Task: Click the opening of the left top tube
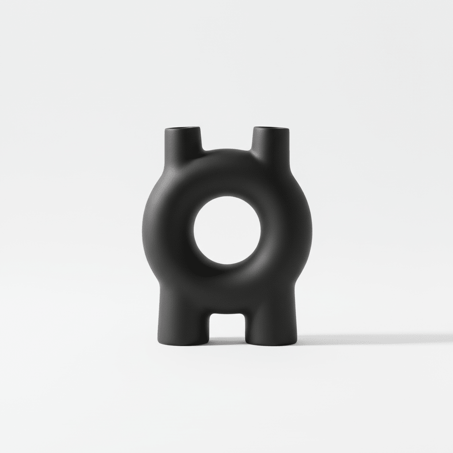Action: click(x=182, y=129)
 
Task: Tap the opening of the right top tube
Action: click(x=271, y=129)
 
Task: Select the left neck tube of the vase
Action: click(x=182, y=142)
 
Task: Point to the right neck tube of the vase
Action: click(x=271, y=142)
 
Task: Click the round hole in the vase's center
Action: click(x=227, y=230)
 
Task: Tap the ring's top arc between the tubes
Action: click(x=226, y=170)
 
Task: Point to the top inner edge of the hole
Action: click(x=227, y=197)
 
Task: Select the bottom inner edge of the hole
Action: click(x=227, y=265)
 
